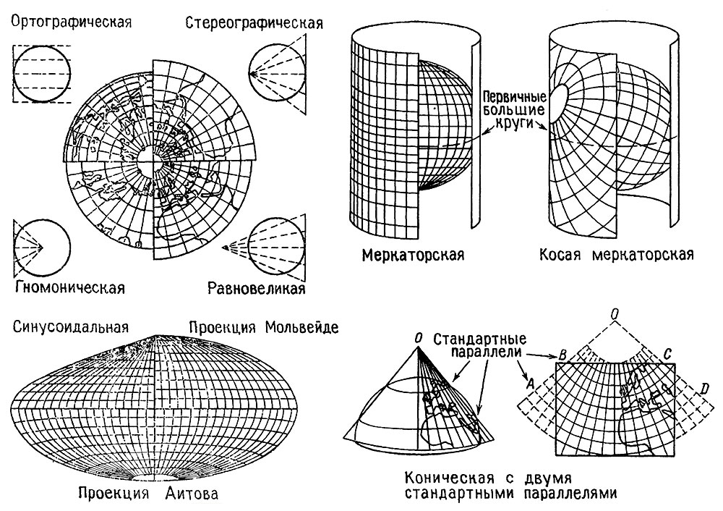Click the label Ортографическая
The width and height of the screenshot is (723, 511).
pyautogui.click(x=72, y=22)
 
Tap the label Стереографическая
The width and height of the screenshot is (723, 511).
pyautogui.click(x=254, y=23)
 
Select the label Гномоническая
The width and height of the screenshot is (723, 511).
pyautogui.click(x=70, y=287)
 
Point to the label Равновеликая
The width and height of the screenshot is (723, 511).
pyautogui.click(x=257, y=288)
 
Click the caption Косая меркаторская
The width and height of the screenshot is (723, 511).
pyautogui.click(x=617, y=255)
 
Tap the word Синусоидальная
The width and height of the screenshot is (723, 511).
pyautogui.click(x=71, y=327)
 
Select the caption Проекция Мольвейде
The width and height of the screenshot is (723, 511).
pyautogui.click(x=264, y=327)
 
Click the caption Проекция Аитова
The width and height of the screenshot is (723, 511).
pyautogui.click(x=148, y=494)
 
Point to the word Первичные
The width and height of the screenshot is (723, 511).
pyautogui.click(x=515, y=98)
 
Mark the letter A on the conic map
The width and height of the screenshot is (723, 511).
pyautogui.click(x=530, y=383)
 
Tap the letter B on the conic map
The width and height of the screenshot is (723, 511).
pyautogui.click(x=562, y=355)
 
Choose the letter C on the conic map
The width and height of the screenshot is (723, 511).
pyautogui.click(x=668, y=354)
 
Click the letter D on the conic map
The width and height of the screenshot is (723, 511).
pyautogui.click(x=704, y=389)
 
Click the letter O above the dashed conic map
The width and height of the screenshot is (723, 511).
pyautogui.click(x=615, y=314)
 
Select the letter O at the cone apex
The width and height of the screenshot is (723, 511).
pyautogui.click(x=418, y=339)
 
